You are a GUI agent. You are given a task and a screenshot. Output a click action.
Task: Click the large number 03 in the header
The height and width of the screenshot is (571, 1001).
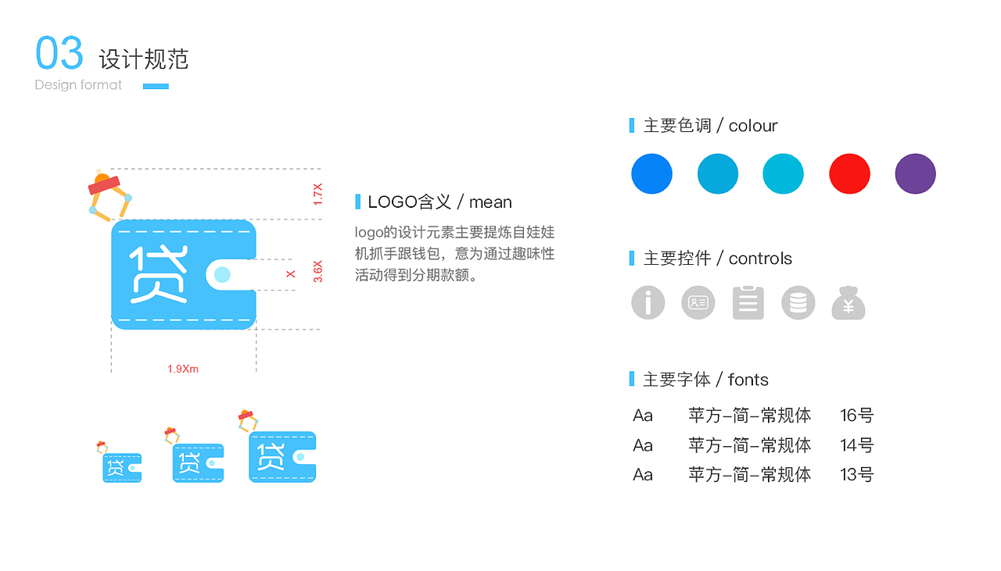click(59, 54)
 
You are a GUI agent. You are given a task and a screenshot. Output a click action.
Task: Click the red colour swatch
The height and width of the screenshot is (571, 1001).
click(849, 173)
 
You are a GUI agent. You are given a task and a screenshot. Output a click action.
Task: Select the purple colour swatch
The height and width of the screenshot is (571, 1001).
click(915, 173)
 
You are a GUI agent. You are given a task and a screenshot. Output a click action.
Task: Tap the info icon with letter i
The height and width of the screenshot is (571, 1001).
click(648, 302)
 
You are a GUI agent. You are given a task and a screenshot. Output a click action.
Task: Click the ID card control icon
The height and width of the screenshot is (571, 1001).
click(698, 302)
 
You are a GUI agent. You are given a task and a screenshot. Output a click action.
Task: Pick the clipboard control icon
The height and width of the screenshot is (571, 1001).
click(748, 302)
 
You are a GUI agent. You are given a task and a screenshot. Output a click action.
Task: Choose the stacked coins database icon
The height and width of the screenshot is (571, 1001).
click(798, 302)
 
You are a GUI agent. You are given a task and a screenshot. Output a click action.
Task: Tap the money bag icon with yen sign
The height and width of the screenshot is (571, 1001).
click(849, 303)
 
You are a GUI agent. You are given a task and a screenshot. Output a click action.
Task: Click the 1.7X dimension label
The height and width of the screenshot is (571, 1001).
click(318, 194)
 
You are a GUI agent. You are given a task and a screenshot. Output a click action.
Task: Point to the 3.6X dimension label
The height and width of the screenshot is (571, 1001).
click(318, 271)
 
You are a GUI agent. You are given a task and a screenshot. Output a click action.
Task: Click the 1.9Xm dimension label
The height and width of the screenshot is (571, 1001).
click(183, 369)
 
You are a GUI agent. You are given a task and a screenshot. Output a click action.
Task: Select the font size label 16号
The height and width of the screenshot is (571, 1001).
click(856, 416)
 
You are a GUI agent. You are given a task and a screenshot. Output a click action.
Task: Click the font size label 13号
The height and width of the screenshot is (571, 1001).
click(856, 474)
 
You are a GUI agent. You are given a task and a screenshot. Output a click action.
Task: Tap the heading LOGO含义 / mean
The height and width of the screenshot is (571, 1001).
click(440, 202)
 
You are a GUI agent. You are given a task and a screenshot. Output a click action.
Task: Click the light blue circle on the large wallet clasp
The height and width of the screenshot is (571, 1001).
click(222, 274)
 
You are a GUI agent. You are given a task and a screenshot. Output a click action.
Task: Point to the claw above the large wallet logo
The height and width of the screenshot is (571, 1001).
click(109, 195)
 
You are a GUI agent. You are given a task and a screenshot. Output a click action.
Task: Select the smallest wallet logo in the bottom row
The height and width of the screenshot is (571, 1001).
click(122, 466)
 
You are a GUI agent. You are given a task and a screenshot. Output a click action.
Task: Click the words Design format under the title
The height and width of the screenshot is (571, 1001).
click(78, 84)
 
